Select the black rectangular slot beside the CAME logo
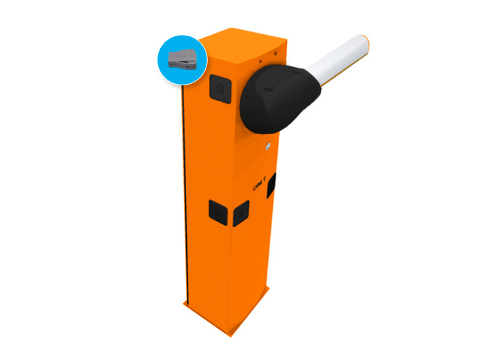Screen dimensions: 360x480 tap(271, 183)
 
